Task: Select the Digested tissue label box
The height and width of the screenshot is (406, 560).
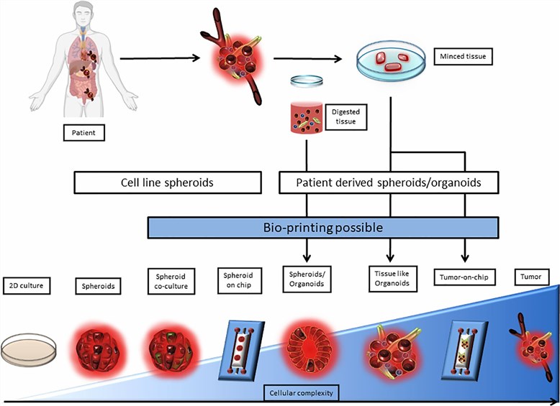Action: pos(346,117)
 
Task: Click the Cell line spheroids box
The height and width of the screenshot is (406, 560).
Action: pos(167,183)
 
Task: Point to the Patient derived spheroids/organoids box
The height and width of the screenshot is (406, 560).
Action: pos(389,183)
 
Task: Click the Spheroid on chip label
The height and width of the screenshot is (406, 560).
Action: pos(239,281)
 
